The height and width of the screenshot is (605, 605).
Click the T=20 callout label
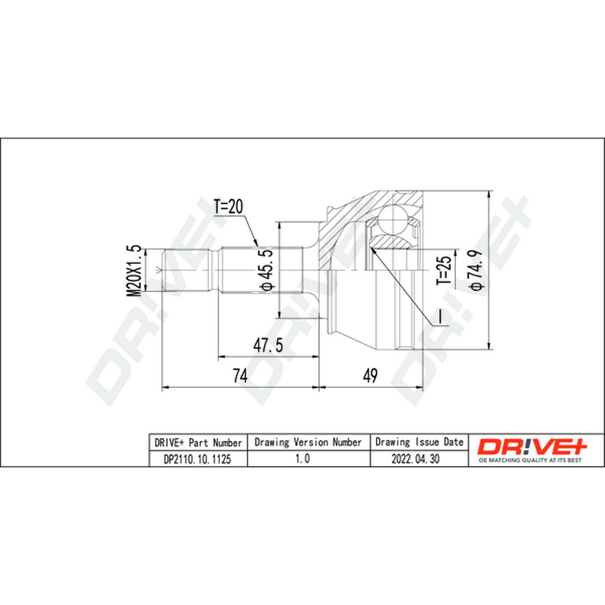click(228, 206)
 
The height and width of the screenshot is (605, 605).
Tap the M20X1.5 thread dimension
click(135, 271)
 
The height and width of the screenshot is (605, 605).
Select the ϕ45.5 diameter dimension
click(266, 270)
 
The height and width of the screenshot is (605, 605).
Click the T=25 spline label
click(444, 271)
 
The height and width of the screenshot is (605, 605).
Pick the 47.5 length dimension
click(268, 345)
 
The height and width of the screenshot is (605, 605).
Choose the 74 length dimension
click(240, 375)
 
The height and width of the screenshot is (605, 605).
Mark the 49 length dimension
click(371, 375)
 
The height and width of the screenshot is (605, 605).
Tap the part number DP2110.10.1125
click(197, 459)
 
